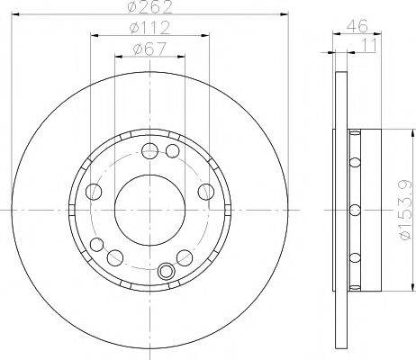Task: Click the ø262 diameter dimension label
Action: click(x=149, y=6)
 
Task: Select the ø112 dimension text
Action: click(x=149, y=28)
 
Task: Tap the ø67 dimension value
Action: click(x=149, y=49)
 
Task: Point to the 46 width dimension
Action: click(x=357, y=26)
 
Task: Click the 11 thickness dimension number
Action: click(x=369, y=45)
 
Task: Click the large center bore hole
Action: click(x=149, y=210)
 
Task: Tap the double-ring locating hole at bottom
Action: click(x=166, y=271)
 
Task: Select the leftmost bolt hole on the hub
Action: click(x=94, y=192)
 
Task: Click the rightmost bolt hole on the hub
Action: click(x=206, y=192)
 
